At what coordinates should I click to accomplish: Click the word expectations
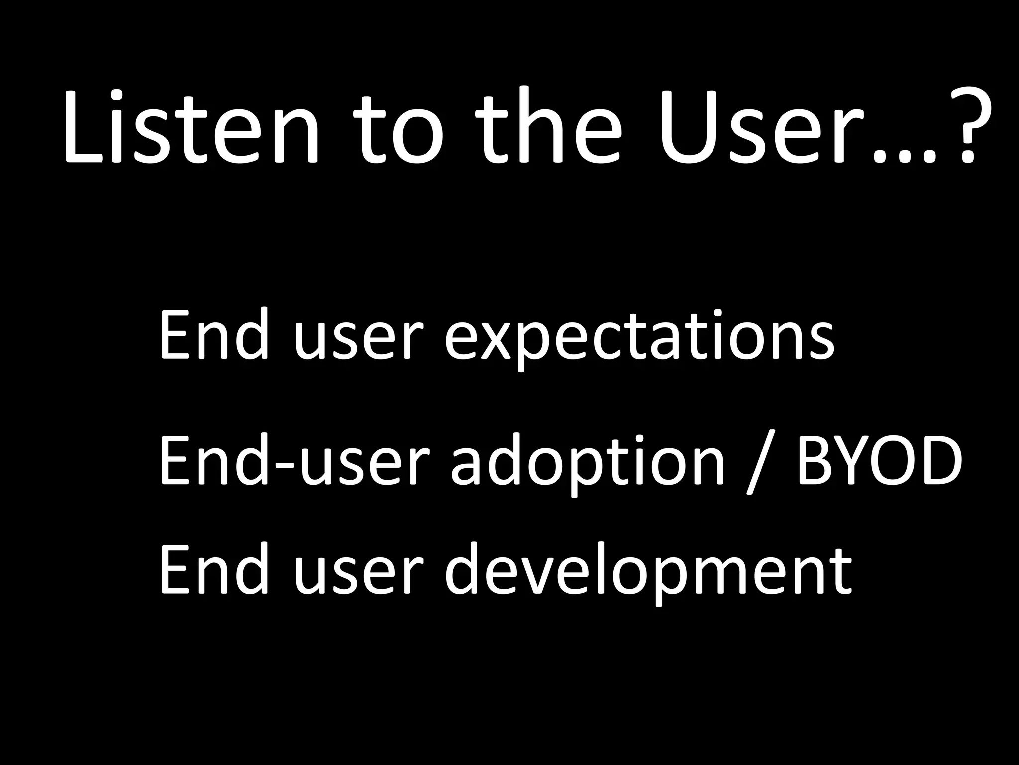[639, 336]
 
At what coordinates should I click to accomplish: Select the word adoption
[587, 461]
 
